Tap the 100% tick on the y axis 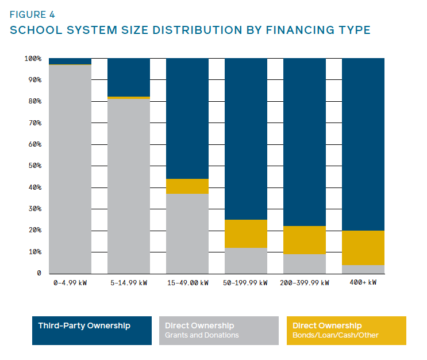point(32,58)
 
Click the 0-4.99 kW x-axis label point(70,282)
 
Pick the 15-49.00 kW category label point(187,282)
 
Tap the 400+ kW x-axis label point(363,282)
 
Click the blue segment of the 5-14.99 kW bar point(129,77)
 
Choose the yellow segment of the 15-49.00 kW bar point(187,186)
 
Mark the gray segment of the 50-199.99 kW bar point(246,261)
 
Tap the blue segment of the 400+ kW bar point(363,144)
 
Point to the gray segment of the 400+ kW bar point(363,269)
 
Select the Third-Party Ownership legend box point(92,331)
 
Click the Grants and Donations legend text point(202,335)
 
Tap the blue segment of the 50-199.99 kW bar point(246,138)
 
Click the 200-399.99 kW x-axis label point(305,282)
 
